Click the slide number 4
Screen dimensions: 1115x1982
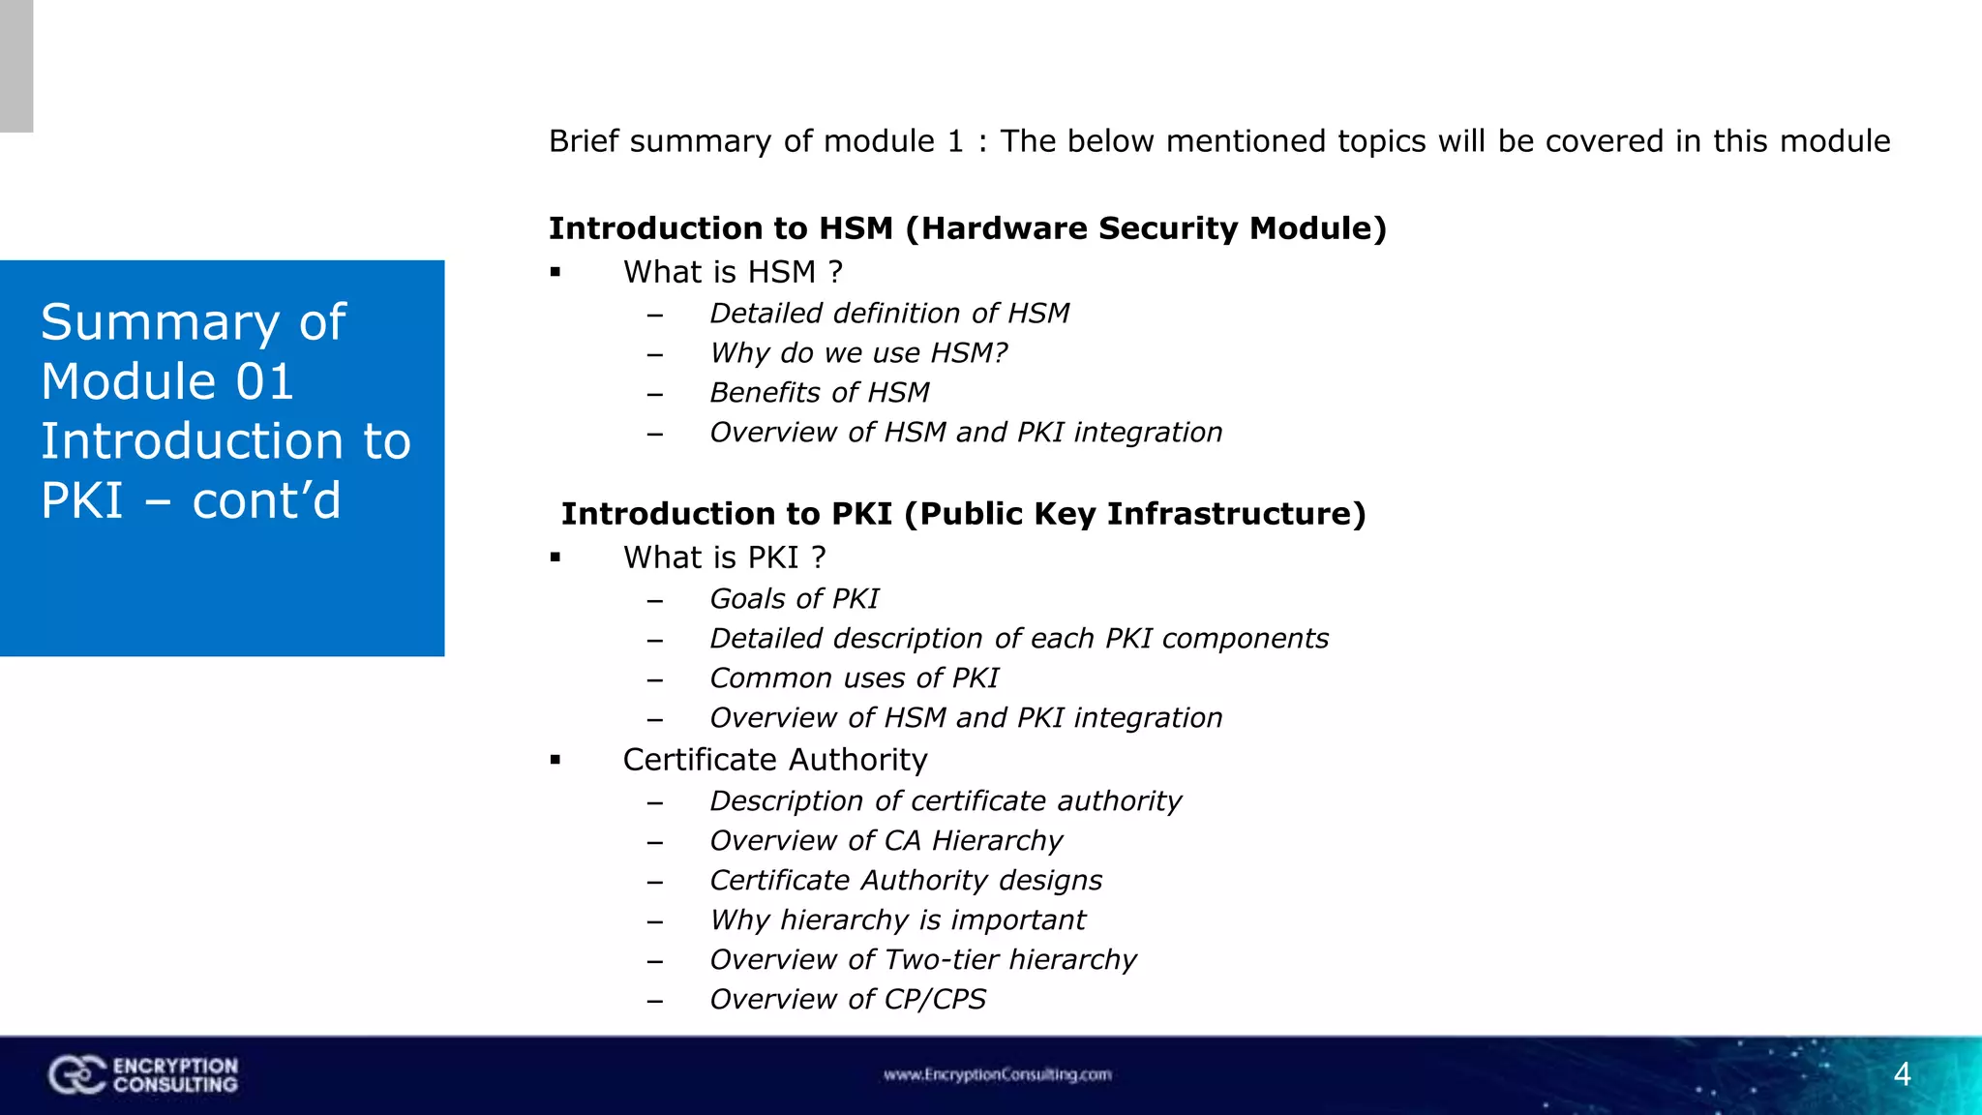[x=1902, y=1074]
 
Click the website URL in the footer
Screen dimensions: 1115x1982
[x=997, y=1074]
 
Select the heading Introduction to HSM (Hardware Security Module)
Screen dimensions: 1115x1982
[x=967, y=228]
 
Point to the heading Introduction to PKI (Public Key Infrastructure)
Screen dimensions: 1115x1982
[x=963, y=514]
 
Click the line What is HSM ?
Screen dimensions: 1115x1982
[x=733, y=272]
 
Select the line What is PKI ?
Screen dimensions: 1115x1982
[x=724, y=557]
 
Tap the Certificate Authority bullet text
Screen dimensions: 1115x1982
[x=774, y=760]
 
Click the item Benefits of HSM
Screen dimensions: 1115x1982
[x=819, y=393]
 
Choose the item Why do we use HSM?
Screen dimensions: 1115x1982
[x=858, y=353]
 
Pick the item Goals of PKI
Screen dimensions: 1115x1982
[x=794, y=599]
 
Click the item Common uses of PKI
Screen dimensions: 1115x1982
[x=854, y=678]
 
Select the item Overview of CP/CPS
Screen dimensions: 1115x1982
[x=847, y=1000]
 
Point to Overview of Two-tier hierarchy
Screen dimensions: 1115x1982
[x=922, y=960]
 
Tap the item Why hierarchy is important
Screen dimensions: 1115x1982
[x=897, y=920]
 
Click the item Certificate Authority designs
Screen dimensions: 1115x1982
[x=905, y=881]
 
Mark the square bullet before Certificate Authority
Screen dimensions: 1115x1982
[x=556, y=760]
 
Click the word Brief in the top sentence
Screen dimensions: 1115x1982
[x=584, y=141]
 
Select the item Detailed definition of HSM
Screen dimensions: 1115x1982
[x=888, y=314]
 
